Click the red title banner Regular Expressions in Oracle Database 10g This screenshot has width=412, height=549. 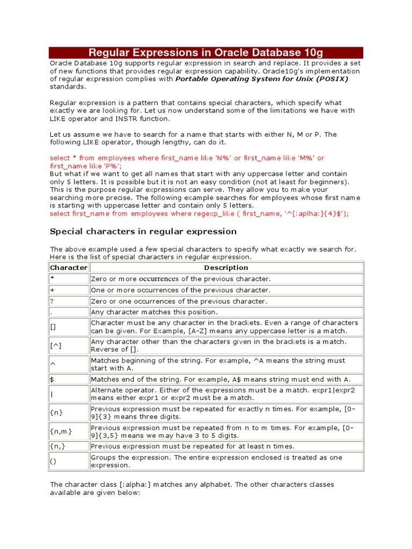pyautogui.click(x=205, y=53)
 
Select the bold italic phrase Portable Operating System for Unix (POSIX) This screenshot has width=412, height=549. pyautogui.click(x=262, y=79)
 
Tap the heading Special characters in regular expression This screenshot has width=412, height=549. pyautogui.click(x=143, y=232)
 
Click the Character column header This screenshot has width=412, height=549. pyautogui.click(x=68, y=268)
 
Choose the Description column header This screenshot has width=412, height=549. pyautogui.click(x=226, y=268)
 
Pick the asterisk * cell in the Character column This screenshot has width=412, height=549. pyautogui.click(x=68, y=279)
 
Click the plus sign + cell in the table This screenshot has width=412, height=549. pyautogui.click(x=68, y=290)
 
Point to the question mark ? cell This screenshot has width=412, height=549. pyautogui.click(x=68, y=301)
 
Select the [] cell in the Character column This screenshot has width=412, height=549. pyautogui.click(x=68, y=327)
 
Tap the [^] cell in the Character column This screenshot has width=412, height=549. pyautogui.click(x=68, y=346)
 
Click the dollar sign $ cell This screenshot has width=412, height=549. pyautogui.click(x=68, y=379)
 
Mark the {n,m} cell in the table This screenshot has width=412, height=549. pyautogui.click(x=68, y=432)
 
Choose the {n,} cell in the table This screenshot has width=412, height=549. pyautogui.click(x=68, y=446)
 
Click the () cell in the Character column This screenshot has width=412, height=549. pyautogui.click(x=68, y=461)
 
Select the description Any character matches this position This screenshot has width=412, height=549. pyautogui.click(x=154, y=312)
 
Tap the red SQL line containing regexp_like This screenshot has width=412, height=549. pyautogui.click(x=199, y=213)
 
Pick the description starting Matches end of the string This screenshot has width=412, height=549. pyautogui.click(x=220, y=379)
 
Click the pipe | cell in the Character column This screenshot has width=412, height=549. pyautogui.click(x=68, y=394)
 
